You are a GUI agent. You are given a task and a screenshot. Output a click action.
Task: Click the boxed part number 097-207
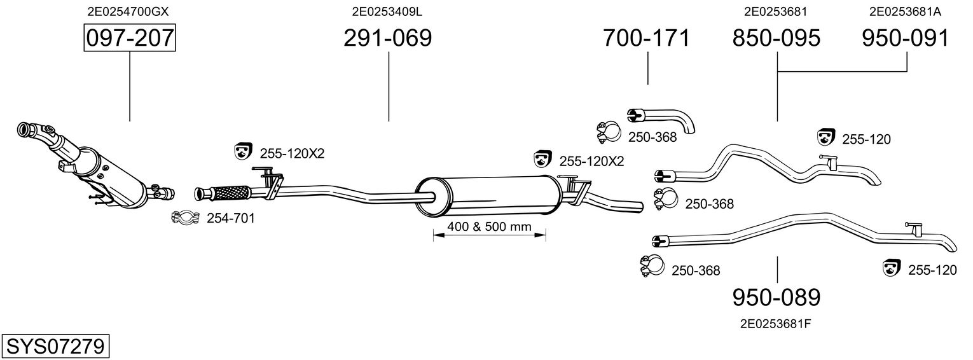[130, 38]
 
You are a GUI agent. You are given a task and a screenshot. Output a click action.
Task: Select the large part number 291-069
[388, 38]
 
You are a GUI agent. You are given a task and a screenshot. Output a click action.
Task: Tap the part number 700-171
[646, 38]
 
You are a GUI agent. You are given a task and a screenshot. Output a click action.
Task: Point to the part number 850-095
[776, 38]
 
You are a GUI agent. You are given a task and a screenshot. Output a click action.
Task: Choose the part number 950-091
[906, 38]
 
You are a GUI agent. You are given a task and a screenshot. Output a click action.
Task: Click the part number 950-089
[776, 298]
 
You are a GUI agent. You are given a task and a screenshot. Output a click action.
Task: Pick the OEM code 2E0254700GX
[128, 11]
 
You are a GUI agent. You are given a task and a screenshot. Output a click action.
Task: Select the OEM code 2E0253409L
[387, 11]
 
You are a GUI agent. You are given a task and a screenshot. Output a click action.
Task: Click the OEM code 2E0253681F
[776, 324]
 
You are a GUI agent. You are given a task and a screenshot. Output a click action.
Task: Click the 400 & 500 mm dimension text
[490, 226]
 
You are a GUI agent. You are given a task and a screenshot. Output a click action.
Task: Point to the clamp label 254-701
[231, 218]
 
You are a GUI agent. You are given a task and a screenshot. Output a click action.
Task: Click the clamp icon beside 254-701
[186, 217]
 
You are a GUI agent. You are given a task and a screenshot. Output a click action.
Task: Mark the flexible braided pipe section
[231, 193]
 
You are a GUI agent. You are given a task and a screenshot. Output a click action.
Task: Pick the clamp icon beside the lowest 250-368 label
[652, 267]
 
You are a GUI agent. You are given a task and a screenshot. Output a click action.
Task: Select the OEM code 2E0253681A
[904, 11]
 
